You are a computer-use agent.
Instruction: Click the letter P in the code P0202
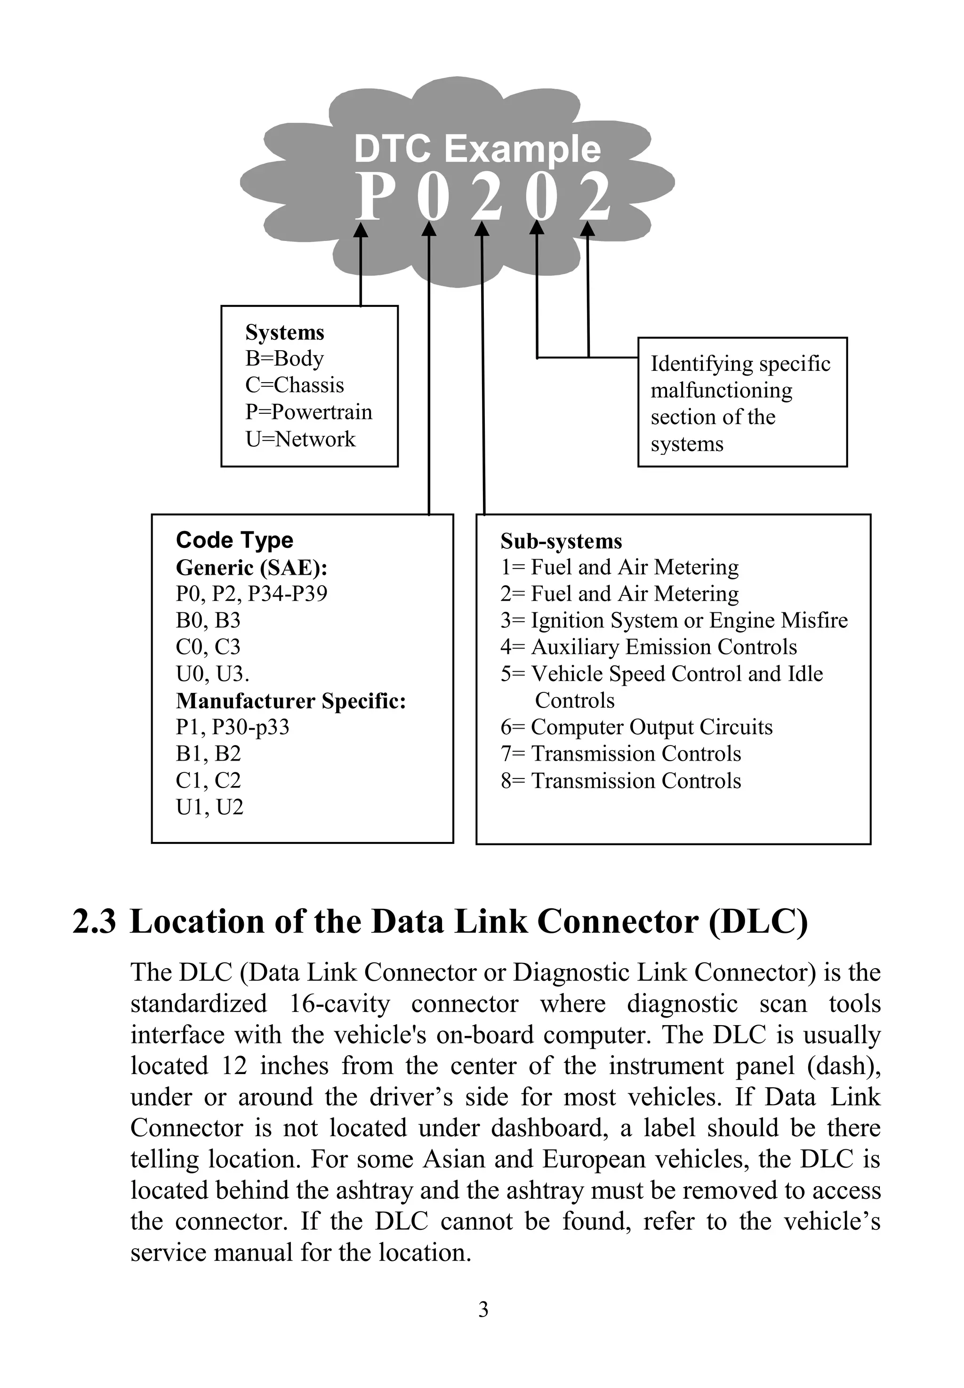pos(370,196)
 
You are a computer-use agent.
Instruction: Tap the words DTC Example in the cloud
pos(477,149)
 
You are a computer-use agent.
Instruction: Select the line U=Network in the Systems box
pos(300,439)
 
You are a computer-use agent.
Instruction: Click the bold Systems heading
pos(284,332)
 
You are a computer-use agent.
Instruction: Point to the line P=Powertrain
pos(309,412)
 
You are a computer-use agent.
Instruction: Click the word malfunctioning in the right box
pos(721,391)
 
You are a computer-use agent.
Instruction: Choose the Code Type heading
pos(234,540)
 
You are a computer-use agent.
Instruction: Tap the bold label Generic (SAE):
pos(251,567)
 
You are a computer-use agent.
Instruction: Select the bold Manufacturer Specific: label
pos(290,701)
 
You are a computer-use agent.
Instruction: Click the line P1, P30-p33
pos(233,727)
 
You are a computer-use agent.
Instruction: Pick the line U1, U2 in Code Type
pos(209,807)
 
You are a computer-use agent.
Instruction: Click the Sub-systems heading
pos(561,541)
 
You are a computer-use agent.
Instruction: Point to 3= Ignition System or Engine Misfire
pos(674,620)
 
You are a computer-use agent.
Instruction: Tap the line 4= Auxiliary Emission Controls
pos(649,647)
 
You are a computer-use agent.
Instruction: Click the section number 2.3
pos(94,923)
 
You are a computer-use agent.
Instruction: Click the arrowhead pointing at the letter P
pos(361,230)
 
